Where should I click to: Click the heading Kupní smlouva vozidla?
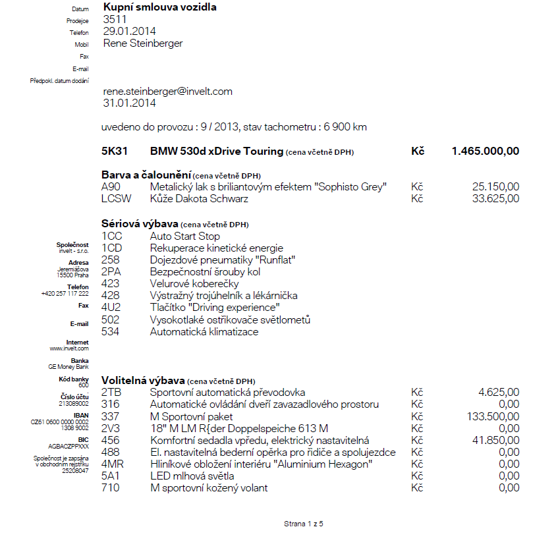(159, 7)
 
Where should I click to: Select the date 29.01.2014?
(130, 31)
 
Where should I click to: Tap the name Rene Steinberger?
(143, 43)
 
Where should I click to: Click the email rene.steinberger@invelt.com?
(168, 92)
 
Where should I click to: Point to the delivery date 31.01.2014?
(130, 103)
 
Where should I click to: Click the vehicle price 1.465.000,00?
(485, 152)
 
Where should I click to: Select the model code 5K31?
(115, 152)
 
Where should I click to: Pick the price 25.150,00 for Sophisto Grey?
(495, 187)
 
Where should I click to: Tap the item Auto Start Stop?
(185, 236)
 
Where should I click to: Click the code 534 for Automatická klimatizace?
(111, 332)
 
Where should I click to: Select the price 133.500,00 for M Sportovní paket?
(491, 416)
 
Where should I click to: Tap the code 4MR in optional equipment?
(113, 464)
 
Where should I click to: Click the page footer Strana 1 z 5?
(304, 524)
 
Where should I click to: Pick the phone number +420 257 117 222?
(65, 293)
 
